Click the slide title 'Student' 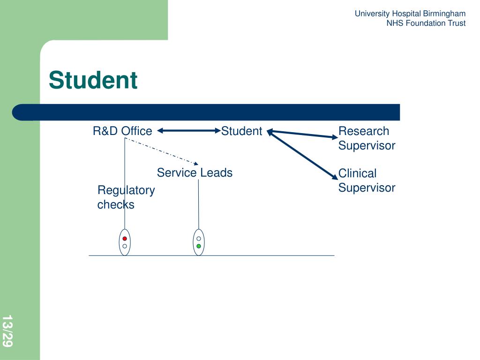coord(93,80)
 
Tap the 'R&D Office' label coord(122,131)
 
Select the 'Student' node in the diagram coord(241,131)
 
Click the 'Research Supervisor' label coord(367,138)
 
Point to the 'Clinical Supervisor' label coord(367,180)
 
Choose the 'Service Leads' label coord(195,172)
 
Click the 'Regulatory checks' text coord(126,197)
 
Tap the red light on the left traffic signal coord(125,239)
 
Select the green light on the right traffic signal coord(199,246)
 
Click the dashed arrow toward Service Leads coord(162,150)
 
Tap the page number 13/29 coord(7,331)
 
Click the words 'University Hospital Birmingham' coord(410,14)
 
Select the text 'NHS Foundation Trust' coord(426,23)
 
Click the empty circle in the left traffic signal coord(125,246)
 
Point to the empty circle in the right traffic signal coord(199,239)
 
